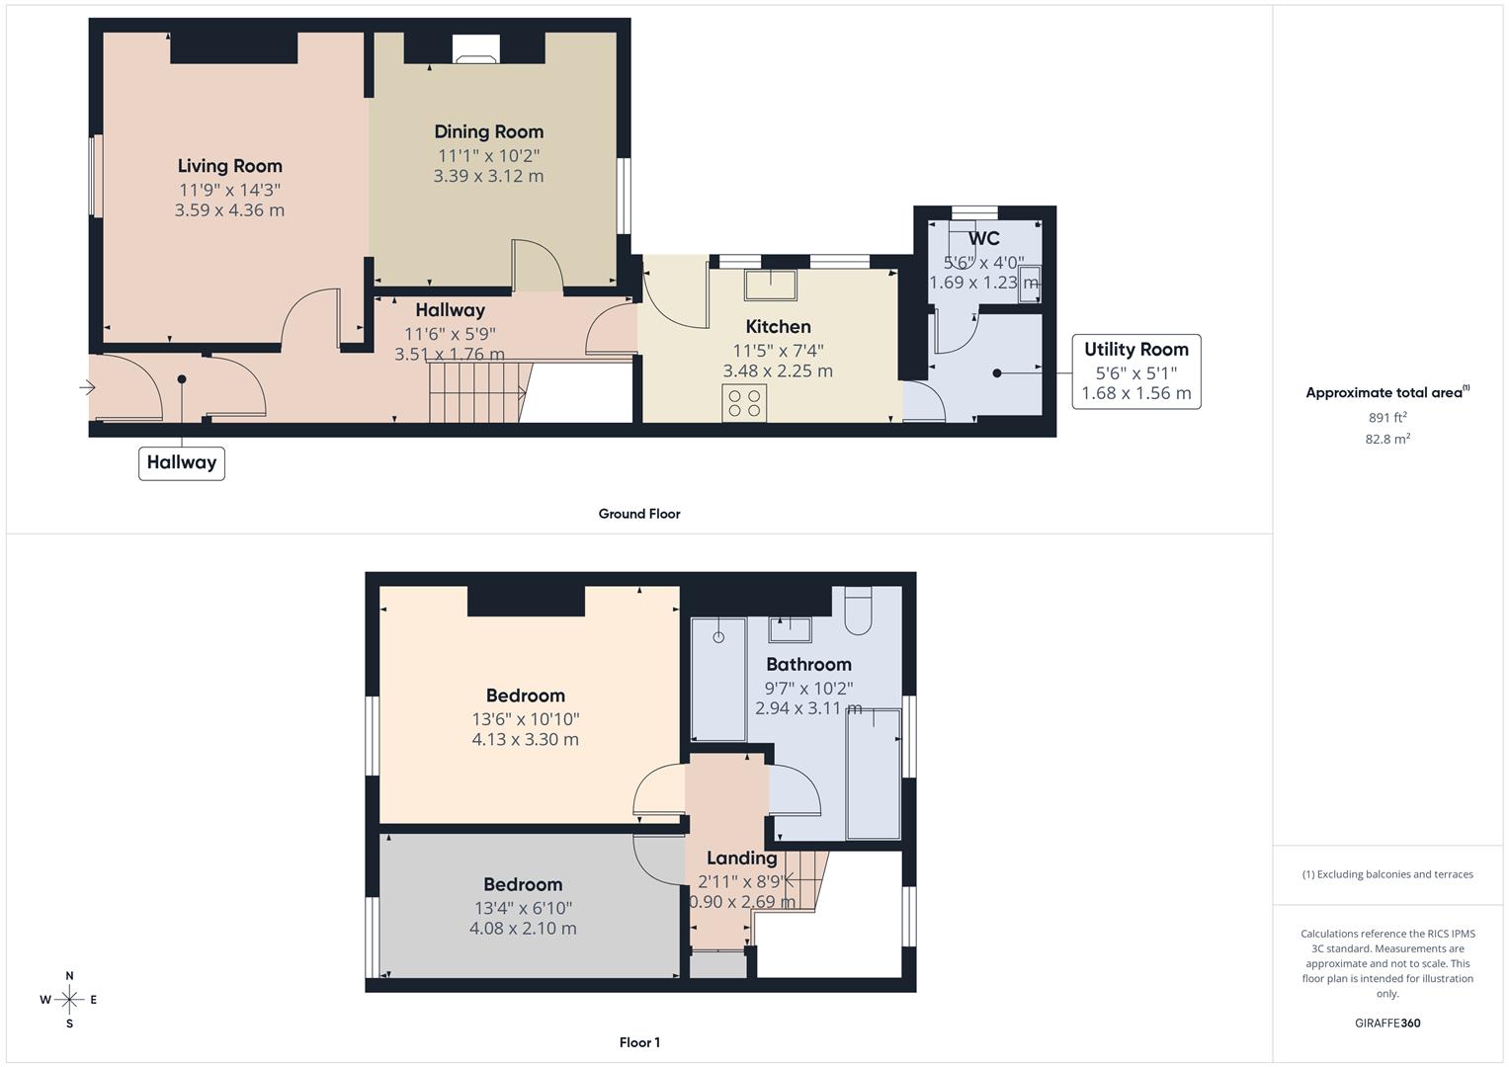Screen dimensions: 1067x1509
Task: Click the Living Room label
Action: pyautogui.click(x=229, y=166)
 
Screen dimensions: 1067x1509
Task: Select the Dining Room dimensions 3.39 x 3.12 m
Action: pyautogui.click(x=488, y=176)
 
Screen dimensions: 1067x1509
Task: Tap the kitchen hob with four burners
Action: pyautogui.click(x=744, y=402)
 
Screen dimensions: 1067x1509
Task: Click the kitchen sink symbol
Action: pyautogui.click(x=770, y=285)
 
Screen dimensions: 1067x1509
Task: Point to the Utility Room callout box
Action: pyautogui.click(x=1135, y=371)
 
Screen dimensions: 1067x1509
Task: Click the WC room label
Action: pyautogui.click(x=983, y=238)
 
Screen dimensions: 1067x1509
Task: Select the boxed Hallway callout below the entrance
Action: pyautogui.click(x=182, y=462)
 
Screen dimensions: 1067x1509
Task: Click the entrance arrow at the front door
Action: pyautogui.click(x=87, y=388)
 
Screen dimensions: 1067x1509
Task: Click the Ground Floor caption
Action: pyautogui.click(x=639, y=514)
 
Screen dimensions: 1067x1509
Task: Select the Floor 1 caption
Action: pyautogui.click(x=639, y=1042)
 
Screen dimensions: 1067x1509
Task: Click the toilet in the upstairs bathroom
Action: pyautogui.click(x=858, y=610)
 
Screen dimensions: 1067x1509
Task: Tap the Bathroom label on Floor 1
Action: pyautogui.click(x=808, y=664)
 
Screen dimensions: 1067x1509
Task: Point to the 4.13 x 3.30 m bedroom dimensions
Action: pyautogui.click(x=525, y=739)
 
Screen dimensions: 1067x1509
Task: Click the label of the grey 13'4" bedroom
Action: pyautogui.click(x=523, y=884)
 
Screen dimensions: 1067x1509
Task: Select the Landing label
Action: pyautogui.click(x=741, y=858)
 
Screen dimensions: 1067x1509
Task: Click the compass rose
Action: pyautogui.click(x=69, y=1000)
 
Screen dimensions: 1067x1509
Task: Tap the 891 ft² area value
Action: pyautogui.click(x=1387, y=418)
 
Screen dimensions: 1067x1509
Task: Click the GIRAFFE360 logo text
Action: pyautogui.click(x=1387, y=1023)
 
